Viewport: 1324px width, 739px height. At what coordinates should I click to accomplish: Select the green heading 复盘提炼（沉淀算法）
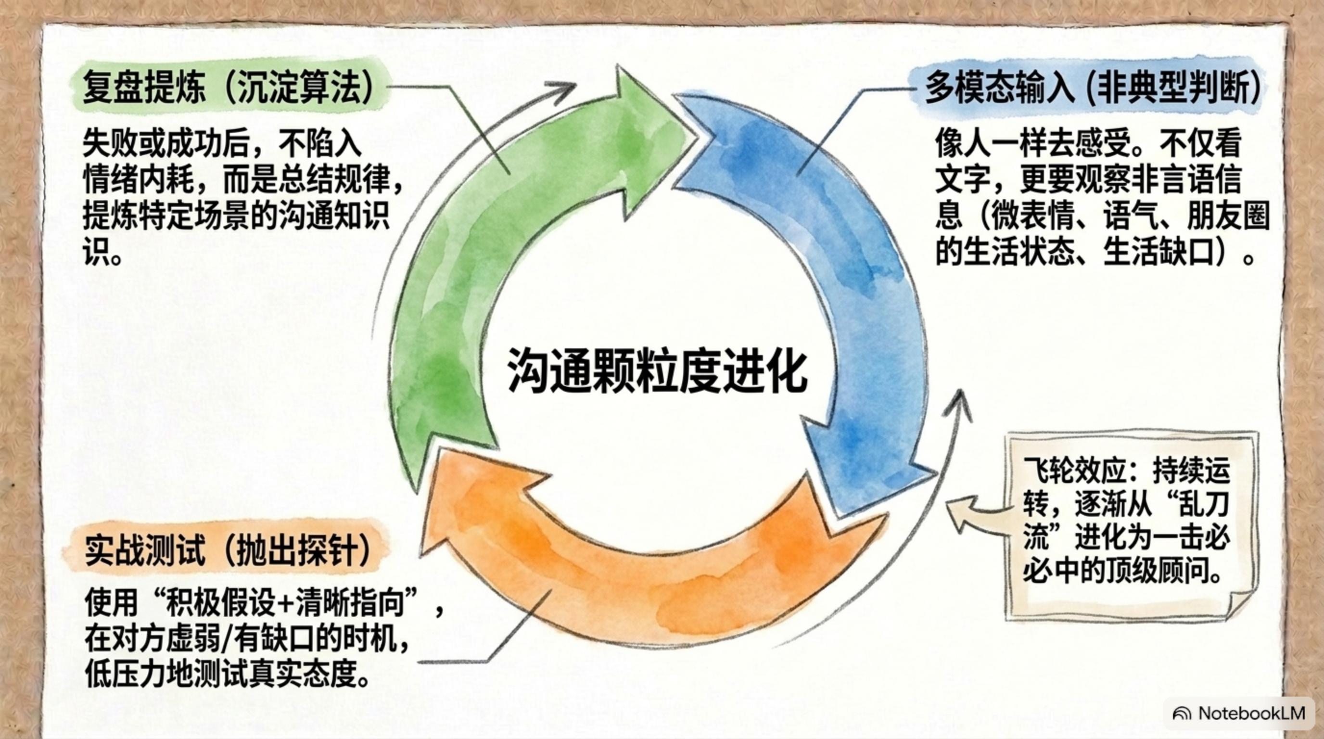[228, 88]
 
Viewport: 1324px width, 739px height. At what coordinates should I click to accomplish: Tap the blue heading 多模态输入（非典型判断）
[1092, 87]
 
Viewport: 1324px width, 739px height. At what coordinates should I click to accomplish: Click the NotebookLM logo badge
[1239, 714]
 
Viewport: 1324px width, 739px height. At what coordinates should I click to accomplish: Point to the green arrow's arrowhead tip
[697, 137]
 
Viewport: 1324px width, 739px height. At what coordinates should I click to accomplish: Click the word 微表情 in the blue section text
[1033, 216]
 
